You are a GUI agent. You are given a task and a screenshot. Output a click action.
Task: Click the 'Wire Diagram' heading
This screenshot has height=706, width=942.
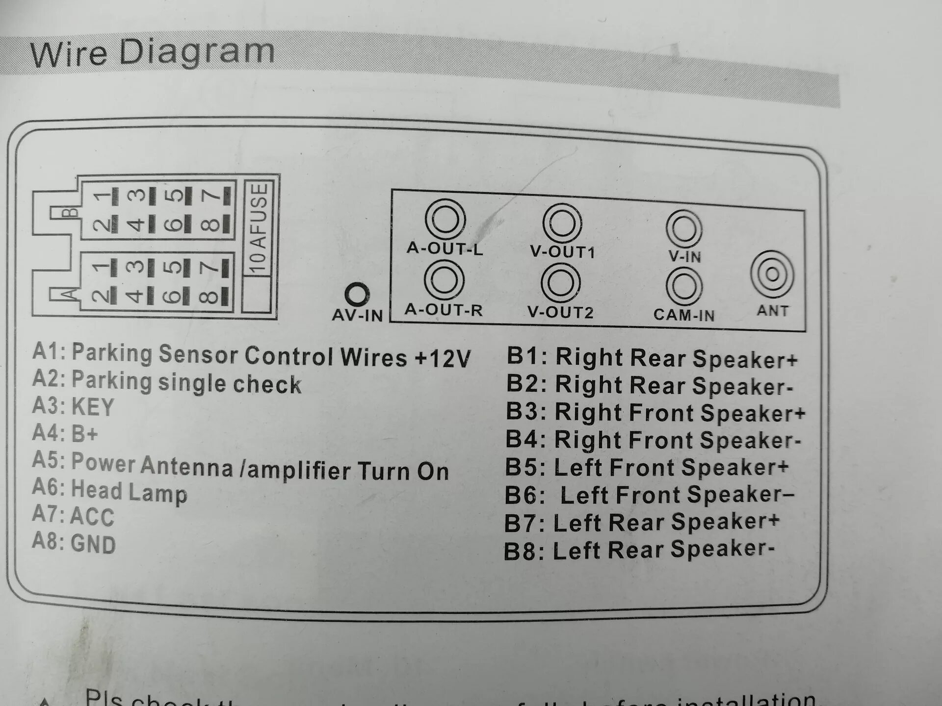(152, 52)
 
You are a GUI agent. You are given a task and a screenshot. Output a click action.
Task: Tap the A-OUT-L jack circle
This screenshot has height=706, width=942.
(445, 219)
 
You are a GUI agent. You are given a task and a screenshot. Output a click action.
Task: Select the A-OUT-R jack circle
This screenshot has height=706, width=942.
(444, 279)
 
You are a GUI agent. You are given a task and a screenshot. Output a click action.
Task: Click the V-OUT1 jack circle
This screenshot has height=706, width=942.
(562, 223)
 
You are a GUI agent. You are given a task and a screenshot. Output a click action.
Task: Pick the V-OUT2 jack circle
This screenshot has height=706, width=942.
(561, 283)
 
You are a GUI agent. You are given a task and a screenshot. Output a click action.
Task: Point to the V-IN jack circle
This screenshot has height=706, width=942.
(684, 229)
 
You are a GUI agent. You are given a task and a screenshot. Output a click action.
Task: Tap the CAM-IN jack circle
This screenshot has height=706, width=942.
(683, 286)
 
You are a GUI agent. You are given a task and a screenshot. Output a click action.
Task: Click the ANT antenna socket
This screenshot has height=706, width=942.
(772, 274)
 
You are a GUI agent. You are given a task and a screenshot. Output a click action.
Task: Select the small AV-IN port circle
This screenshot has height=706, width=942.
(357, 295)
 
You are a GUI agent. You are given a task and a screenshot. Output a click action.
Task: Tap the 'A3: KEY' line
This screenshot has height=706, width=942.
(74, 406)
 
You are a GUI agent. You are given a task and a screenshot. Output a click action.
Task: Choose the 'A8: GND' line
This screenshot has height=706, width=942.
(74, 543)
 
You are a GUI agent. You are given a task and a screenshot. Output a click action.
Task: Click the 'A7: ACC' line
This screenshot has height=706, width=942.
(74, 515)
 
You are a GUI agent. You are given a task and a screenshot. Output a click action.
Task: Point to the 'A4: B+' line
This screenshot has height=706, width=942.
(65, 433)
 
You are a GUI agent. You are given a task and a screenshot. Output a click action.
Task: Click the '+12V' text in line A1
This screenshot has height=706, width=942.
(442, 358)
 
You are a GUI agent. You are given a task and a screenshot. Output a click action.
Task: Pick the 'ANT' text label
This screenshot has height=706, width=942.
(772, 310)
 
